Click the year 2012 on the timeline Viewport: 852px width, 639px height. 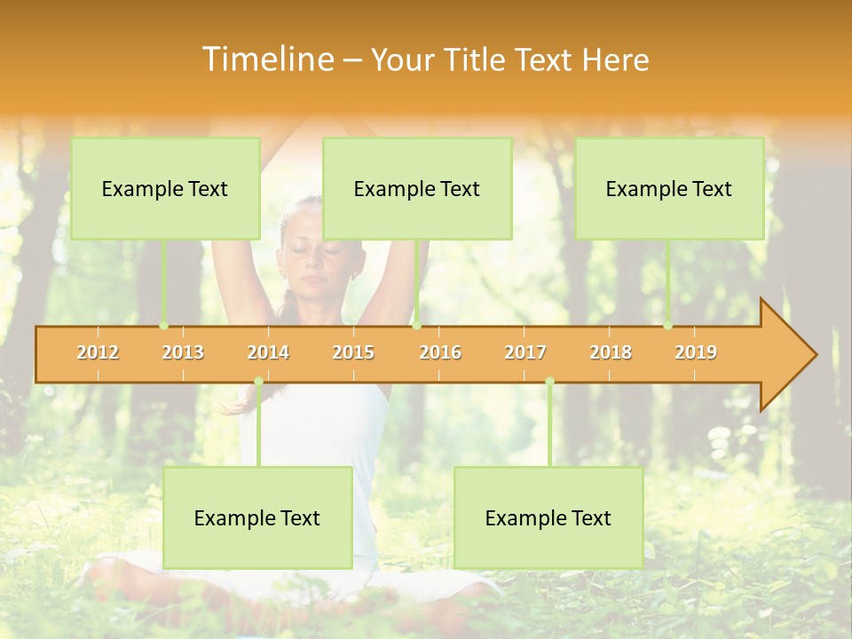pyautogui.click(x=98, y=352)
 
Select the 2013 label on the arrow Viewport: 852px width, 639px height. pyautogui.click(x=183, y=352)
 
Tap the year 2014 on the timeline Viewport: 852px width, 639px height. pyautogui.click(x=268, y=352)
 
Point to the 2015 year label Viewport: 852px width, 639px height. pyautogui.click(x=353, y=352)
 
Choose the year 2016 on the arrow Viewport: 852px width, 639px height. pyautogui.click(x=440, y=352)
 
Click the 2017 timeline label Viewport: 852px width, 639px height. pyautogui.click(x=525, y=352)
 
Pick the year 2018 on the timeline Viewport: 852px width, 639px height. pyautogui.click(x=611, y=352)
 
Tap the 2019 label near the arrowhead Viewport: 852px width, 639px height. pyautogui.click(x=696, y=352)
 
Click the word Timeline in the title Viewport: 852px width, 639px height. pyautogui.click(x=266, y=59)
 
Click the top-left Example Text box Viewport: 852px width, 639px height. pyautogui.click(x=165, y=188)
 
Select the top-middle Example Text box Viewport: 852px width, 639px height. pyautogui.click(x=417, y=188)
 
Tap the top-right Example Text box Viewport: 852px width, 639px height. pyautogui.click(x=669, y=188)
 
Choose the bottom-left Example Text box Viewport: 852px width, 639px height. pyautogui.click(x=257, y=517)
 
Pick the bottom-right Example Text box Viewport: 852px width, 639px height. pyautogui.click(x=548, y=517)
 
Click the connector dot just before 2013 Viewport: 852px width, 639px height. pyautogui.click(x=164, y=326)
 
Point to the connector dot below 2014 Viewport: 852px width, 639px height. pyautogui.click(x=258, y=382)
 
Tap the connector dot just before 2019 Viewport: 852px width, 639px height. pyautogui.click(x=668, y=326)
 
